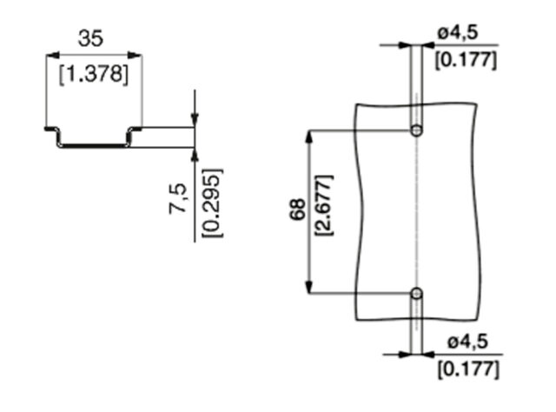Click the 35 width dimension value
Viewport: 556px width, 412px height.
coord(90,38)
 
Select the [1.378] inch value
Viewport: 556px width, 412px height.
coord(94,75)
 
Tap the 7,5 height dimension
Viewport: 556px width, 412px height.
coord(177,198)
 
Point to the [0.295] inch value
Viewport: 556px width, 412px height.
coord(212,203)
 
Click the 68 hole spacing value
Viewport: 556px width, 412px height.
coord(297,209)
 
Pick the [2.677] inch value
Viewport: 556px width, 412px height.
coord(324,205)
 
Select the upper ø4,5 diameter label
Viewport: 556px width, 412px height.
coord(458,33)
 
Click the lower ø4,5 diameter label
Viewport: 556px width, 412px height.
coord(467,342)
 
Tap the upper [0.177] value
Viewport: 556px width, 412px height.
coord(466,60)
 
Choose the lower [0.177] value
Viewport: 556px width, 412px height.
coord(468,369)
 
